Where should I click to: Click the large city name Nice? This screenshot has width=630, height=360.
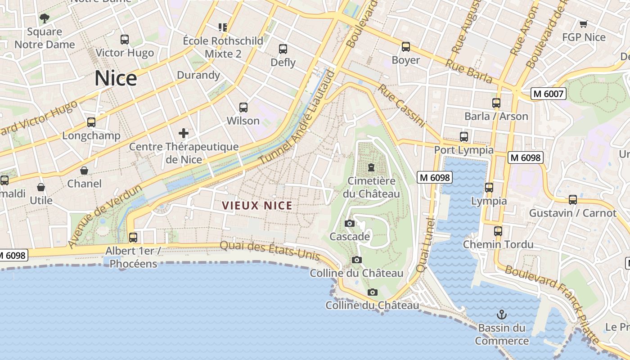116,79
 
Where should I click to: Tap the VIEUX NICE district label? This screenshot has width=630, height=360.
257,206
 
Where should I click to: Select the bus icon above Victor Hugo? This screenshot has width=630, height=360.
125,40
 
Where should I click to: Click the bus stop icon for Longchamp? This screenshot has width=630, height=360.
91,122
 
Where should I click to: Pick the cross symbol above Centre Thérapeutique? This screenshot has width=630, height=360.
184,133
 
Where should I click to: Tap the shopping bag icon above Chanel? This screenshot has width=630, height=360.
84,171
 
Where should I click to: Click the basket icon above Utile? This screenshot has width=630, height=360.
41,187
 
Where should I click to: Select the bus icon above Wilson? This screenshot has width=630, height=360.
243,108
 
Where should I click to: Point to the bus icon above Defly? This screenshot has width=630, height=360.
283,49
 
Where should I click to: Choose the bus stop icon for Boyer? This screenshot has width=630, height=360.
406,47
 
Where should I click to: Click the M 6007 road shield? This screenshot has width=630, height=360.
548,94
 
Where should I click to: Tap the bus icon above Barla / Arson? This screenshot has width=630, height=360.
496,103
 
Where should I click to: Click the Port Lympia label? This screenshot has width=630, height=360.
463,150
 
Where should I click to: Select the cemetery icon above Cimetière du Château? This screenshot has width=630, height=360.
371,167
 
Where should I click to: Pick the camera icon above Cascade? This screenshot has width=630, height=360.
350,223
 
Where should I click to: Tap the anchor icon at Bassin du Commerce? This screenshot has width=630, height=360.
501,315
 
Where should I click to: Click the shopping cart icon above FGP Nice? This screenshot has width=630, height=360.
584,24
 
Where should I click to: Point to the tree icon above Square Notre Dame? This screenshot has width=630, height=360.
44,18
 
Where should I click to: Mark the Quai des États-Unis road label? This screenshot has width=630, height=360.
270,251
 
